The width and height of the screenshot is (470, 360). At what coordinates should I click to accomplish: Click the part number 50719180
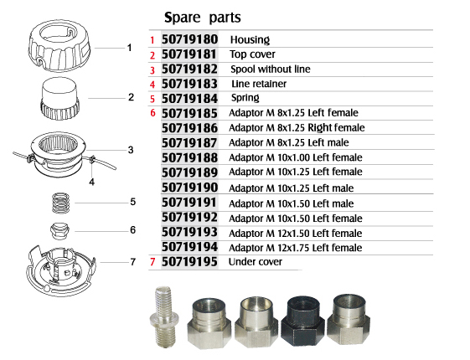[x=189, y=39]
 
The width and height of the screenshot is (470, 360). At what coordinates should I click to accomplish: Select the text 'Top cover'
[x=252, y=54]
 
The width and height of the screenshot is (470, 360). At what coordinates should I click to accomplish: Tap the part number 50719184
[x=189, y=99]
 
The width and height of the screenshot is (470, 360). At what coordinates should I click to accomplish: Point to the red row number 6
[x=152, y=113]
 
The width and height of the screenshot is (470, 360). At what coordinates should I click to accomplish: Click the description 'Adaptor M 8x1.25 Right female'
[x=297, y=128]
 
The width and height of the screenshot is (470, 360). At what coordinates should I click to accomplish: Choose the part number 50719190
[x=189, y=188]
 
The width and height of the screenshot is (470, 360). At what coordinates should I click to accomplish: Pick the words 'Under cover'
[x=255, y=262]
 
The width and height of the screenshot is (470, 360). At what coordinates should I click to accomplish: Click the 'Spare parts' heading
[x=203, y=18]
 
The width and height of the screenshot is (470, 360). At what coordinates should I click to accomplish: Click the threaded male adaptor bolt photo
[x=164, y=316]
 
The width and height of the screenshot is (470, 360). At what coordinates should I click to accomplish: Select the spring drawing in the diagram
[x=61, y=203]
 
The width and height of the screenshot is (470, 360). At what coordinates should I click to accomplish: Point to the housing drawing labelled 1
[x=59, y=45]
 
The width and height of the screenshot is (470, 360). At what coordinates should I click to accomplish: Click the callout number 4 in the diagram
[x=91, y=182]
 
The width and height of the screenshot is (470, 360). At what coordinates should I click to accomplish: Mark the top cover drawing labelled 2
[x=60, y=98]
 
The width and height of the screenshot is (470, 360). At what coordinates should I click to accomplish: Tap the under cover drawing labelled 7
[x=61, y=270]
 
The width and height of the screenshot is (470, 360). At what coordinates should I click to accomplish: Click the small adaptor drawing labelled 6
[x=60, y=231]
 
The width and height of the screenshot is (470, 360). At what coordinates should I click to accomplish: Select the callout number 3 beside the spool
[x=131, y=150]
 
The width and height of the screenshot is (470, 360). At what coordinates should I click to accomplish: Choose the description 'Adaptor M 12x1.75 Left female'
[x=296, y=248]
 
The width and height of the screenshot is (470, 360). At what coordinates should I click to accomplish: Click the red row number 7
[x=152, y=262]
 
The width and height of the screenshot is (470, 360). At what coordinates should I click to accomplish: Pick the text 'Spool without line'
[x=271, y=69]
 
